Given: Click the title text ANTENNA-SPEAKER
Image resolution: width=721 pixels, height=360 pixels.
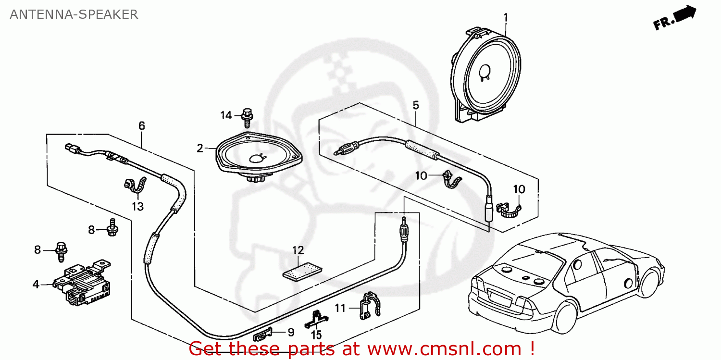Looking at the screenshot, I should tap(74, 14).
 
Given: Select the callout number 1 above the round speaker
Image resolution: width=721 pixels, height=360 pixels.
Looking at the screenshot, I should tap(505, 18).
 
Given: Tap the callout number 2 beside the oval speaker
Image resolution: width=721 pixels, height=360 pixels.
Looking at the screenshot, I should tap(200, 149).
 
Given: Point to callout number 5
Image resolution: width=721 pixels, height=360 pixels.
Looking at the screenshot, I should tap(416, 105).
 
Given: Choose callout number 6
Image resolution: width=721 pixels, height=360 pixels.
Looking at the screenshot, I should tap(141, 126).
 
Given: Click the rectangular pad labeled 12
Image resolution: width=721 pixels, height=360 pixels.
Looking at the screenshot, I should tap(299, 271).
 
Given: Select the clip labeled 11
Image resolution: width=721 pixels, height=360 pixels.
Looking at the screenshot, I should tap(370, 306).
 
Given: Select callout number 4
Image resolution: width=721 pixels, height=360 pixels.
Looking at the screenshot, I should tap(36, 285).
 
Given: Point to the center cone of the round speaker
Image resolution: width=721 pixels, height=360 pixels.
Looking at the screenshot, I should tap(485, 71).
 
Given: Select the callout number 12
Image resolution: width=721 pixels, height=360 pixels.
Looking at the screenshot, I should tap(298, 250).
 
